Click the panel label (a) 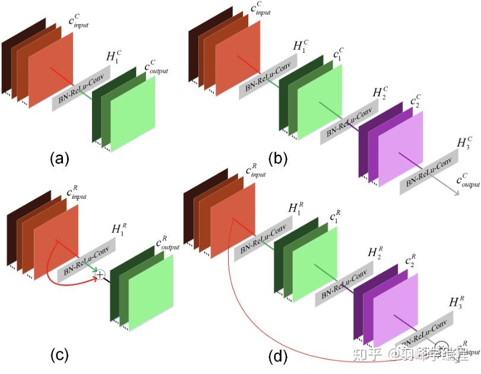coord(61,159)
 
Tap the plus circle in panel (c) coord(100,274)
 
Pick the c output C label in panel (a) coord(156,68)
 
